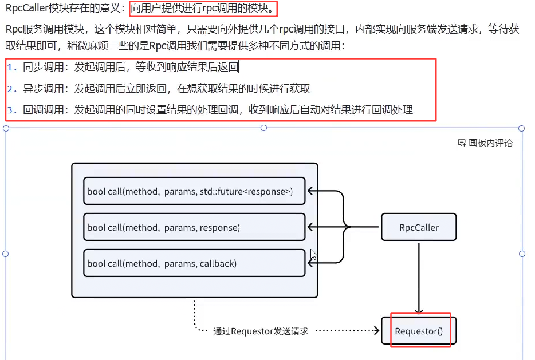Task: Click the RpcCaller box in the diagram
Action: pyautogui.click(x=419, y=227)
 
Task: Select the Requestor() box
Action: pyautogui.click(x=419, y=331)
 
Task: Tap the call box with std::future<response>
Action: pyautogui.click(x=194, y=191)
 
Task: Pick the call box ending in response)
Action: pyautogui.click(x=194, y=227)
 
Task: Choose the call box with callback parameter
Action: pyautogui.click(x=194, y=263)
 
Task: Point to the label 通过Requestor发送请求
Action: pyautogui.click(x=261, y=331)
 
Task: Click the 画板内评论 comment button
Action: pyautogui.click(x=490, y=143)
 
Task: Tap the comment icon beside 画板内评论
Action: pyautogui.click(x=462, y=143)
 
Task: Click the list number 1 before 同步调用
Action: pyautogui.click(x=12, y=68)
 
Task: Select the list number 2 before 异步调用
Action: pyautogui.click(x=12, y=89)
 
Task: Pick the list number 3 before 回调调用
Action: pyautogui.click(x=12, y=110)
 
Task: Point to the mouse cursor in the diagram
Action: pyautogui.click(x=313, y=255)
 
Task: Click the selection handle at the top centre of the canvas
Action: pyautogui.click(x=264, y=128)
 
